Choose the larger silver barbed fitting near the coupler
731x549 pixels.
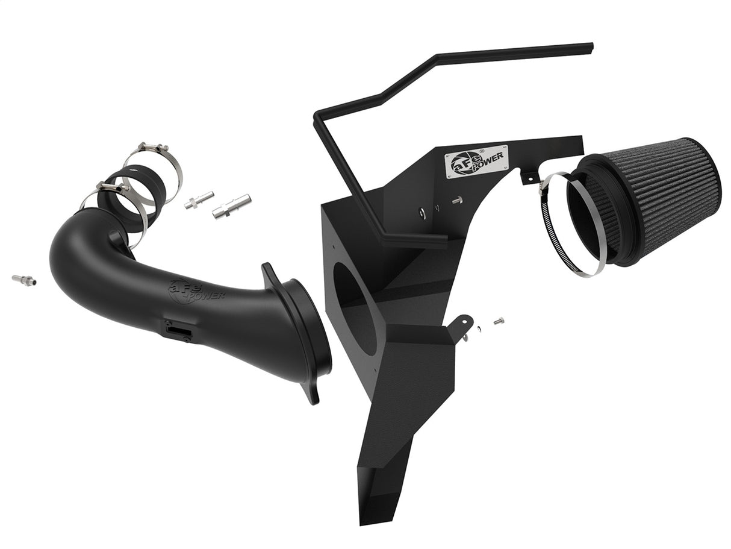pyautogui.click(x=231, y=206)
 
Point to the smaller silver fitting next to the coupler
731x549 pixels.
pyautogui.click(x=199, y=200)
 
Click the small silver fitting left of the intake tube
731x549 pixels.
pyautogui.click(x=23, y=280)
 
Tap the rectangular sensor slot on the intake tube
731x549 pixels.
pyautogui.click(x=179, y=329)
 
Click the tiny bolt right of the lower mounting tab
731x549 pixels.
pyautogui.click(x=498, y=321)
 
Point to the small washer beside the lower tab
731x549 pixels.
pyautogui.click(x=478, y=328)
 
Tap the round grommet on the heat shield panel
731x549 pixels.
pyautogui.click(x=420, y=212)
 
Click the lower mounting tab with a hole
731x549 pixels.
pyautogui.click(x=464, y=326)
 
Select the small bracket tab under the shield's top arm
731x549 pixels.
pyautogui.click(x=529, y=177)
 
